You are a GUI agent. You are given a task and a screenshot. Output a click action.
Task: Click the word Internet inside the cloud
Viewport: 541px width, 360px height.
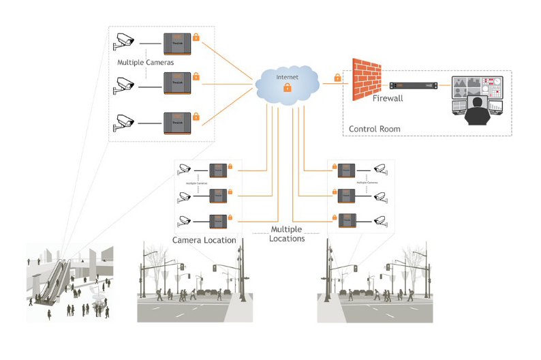(x=287, y=77)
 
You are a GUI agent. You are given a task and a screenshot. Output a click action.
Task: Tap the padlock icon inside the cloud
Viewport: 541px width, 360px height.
(x=287, y=88)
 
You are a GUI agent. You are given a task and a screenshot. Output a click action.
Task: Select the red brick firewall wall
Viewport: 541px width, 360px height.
(x=367, y=79)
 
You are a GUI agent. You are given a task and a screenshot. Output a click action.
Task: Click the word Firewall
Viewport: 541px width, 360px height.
(x=388, y=99)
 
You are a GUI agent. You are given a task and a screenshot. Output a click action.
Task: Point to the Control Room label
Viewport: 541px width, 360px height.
(x=375, y=129)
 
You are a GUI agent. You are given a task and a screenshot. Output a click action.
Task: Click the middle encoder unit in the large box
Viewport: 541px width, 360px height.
(x=176, y=83)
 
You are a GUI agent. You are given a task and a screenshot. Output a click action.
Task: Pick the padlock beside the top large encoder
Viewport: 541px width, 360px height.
(x=196, y=36)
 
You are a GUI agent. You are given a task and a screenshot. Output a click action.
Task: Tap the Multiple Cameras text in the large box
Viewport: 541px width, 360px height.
(x=145, y=63)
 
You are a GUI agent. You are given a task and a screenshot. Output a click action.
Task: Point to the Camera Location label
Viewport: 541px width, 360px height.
(x=204, y=240)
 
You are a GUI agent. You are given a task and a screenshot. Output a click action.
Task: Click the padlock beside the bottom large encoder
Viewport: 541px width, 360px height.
(x=196, y=117)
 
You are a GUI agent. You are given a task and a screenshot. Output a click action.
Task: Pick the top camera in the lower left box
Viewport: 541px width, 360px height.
(x=184, y=169)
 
